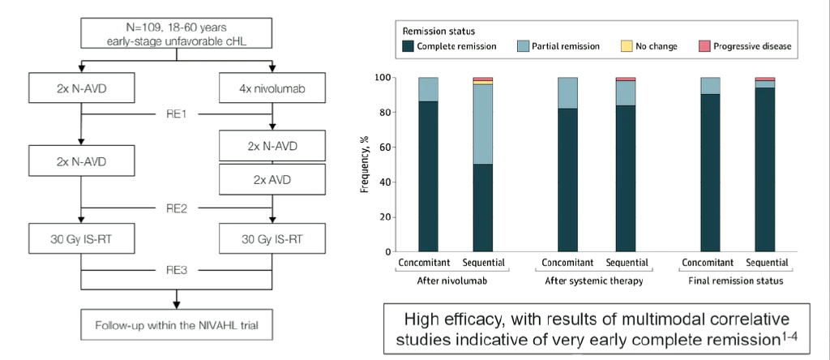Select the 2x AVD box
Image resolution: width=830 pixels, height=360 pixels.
(273, 179)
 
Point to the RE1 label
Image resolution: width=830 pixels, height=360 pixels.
(176, 114)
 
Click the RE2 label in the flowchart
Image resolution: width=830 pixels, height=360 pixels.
(176, 208)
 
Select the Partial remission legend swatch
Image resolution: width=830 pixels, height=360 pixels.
(523, 46)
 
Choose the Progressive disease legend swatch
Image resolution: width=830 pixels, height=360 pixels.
(704, 46)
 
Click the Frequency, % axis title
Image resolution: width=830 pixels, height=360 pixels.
(365, 165)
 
